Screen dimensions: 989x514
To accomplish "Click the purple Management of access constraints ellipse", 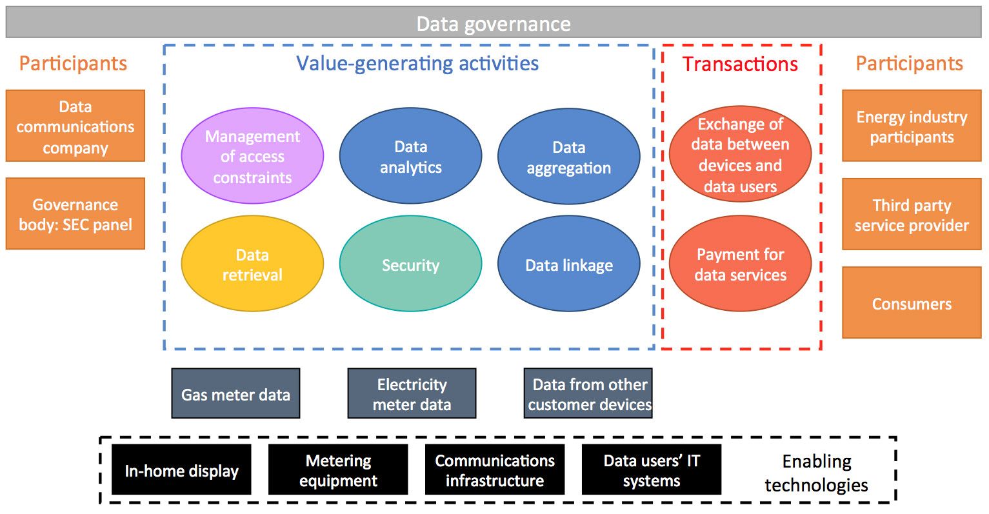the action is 252,155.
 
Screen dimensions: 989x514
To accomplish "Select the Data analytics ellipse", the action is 410,155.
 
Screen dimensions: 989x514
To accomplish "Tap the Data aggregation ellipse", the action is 568,156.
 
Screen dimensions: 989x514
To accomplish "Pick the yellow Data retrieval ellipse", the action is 252,263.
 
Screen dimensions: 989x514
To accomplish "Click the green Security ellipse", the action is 410,263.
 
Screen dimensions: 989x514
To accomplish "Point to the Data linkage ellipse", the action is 568,263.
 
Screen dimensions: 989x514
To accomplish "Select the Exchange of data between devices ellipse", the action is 741,154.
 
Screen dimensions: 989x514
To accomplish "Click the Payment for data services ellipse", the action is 741,263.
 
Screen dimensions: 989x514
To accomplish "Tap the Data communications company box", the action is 75,126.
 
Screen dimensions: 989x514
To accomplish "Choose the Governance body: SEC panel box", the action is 75,213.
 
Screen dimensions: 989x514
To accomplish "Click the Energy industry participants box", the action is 912,126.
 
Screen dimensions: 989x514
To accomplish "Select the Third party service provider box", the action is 912,214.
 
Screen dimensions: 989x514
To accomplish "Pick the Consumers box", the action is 912,302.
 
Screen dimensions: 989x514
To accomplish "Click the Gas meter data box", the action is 235,393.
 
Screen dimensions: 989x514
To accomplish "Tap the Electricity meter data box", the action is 412,393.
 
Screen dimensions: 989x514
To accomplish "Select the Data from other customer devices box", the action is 588,393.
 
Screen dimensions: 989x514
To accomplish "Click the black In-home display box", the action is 181,470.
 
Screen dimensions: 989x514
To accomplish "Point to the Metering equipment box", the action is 338,470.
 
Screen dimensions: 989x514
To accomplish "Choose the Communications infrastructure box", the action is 495,470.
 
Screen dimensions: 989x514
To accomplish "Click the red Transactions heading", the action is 741,64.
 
